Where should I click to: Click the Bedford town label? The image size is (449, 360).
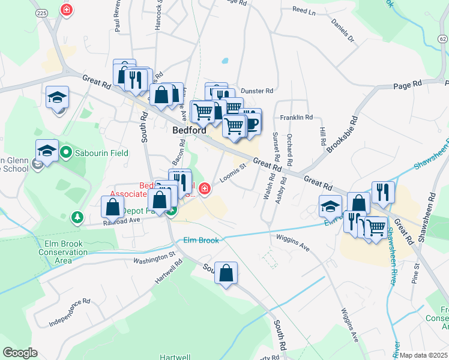[189, 130]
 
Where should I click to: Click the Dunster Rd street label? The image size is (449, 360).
[257, 91]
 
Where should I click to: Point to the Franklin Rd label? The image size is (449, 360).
[297, 118]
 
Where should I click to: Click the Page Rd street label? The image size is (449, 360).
[408, 85]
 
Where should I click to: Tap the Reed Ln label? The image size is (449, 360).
[304, 11]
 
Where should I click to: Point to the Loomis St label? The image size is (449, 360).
[233, 173]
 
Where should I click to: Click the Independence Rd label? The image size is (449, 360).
[69, 312]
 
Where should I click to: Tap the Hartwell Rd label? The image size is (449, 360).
[168, 274]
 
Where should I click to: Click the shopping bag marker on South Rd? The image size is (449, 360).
[226, 273]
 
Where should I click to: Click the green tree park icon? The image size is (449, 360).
[77, 216]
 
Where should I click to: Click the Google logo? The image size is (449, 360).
[20, 353]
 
